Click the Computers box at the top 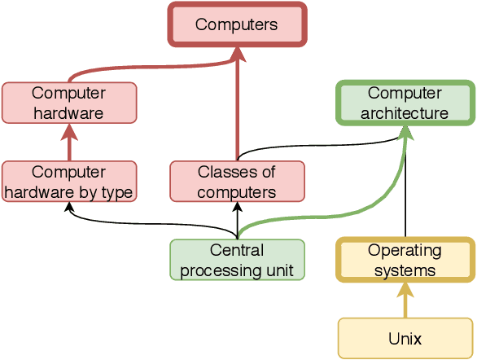pyautogui.click(x=236, y=24)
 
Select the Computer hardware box pyautogui.click(x=69, y=103)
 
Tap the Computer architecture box pyautogui.click(x=405, y=103)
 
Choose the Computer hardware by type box pyautogui.click(x=69, y=182)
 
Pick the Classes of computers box pyautogui.click(x=237, y=182)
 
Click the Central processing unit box pyautogui.click(x=237, y=260)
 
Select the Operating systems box pyautogui.click(x=405, y=260)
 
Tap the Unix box pyautogui.click(x=405, y=338)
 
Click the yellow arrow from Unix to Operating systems pyautogui.click(x=405, y=301)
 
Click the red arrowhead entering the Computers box pyautogui.click(x=237, y=52)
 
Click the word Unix pyautogui.click(x=405, y=338)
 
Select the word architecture pyautogui.click(x=405, y=112)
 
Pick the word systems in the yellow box pyautogui.click(x=405, y=270)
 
